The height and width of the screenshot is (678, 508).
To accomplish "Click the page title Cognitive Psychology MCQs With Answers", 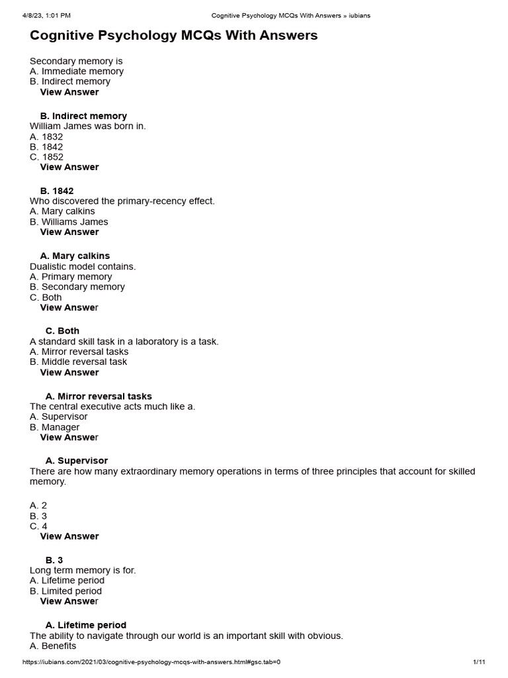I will [x=174, y=36].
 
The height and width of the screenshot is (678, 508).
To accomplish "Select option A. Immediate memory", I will [x=77, y=72].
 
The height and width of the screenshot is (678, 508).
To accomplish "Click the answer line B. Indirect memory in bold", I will [x=83, y=116].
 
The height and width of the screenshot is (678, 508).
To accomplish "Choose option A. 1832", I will [x=46, y=137].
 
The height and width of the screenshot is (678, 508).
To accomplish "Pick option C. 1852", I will [x=46, y=157].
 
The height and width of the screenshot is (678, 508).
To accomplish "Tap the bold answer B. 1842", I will [x=57, y=191].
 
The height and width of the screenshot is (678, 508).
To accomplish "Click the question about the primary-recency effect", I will [x=122, y=201].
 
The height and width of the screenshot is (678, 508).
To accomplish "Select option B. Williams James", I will [x=69, y=222].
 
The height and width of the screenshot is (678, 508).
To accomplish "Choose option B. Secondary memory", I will [x=77, y=287].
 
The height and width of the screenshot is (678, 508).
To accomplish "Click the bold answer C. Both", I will [x=62, y=331].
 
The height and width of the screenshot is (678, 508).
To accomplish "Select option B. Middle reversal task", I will [x=79, y=362].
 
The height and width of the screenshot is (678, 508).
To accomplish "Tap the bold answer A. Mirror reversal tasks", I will [x=99, y=396].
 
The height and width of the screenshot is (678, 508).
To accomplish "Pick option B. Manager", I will [x=55, y=427].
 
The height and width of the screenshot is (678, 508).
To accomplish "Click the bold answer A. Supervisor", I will [x=77, y=461].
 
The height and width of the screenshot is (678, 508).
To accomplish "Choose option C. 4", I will [x=38, y=526].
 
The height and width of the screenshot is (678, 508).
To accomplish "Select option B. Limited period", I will [x=66, y=591].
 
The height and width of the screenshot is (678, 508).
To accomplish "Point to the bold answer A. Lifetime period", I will [x=86, y=625].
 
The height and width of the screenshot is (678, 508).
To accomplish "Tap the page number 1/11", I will [x=480, y=662].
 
